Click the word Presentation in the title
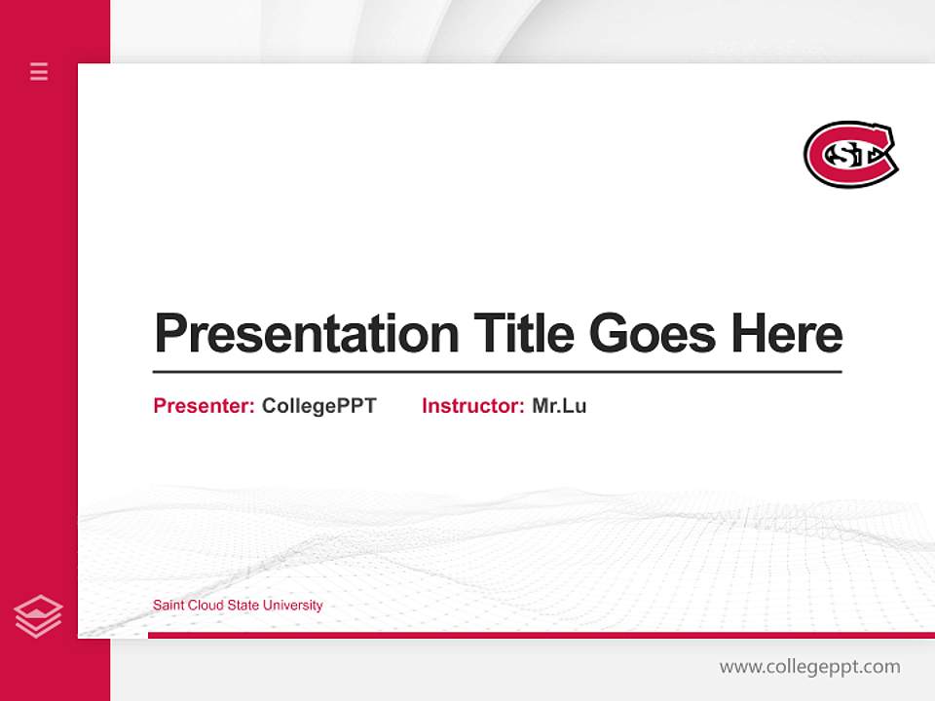306,334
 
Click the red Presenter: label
204,406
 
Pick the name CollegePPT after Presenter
318,406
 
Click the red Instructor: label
472,406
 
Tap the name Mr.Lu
559,406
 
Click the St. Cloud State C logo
850,154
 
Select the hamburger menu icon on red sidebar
39,71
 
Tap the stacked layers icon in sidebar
39,616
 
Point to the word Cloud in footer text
206,606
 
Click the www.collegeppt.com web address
809,667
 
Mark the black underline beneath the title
497,372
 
